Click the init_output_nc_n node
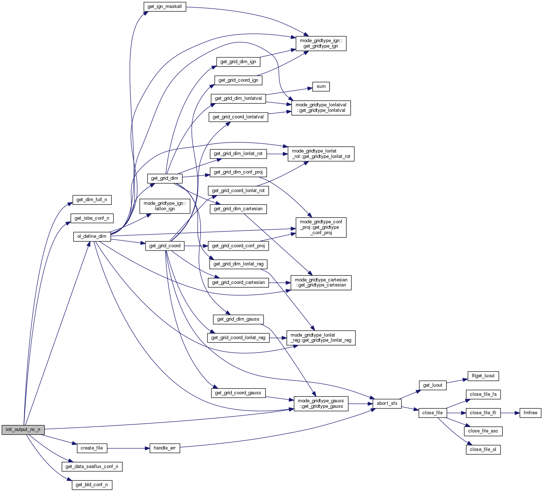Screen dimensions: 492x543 tap(23, 430)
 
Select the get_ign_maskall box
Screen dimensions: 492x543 tap(165, 7)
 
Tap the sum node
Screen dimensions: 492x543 tap(321, 86)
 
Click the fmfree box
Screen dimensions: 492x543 tap(530, 413)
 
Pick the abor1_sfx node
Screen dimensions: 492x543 tap(387, 403)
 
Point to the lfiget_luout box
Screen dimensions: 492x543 tap(483, 376)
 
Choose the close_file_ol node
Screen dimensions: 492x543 tap(483, 450)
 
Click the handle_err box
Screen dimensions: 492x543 tap(165, 448)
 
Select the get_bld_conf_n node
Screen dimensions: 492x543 tap(92, 485)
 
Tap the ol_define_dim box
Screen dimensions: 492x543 tap(92, 236)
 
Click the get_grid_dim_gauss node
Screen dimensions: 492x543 tap(238, 319)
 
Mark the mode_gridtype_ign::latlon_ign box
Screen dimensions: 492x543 tap(165, 206)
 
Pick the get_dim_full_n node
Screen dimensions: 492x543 tap(92, 200)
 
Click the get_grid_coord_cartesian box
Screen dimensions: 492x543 tap(238, 282)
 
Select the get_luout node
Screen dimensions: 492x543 tap(432, 385)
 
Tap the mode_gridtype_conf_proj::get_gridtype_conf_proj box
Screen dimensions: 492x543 tap(321, 227)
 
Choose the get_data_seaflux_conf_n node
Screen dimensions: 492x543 tap(92, 467)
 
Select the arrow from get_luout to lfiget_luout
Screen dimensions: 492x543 tap(457, 381)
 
